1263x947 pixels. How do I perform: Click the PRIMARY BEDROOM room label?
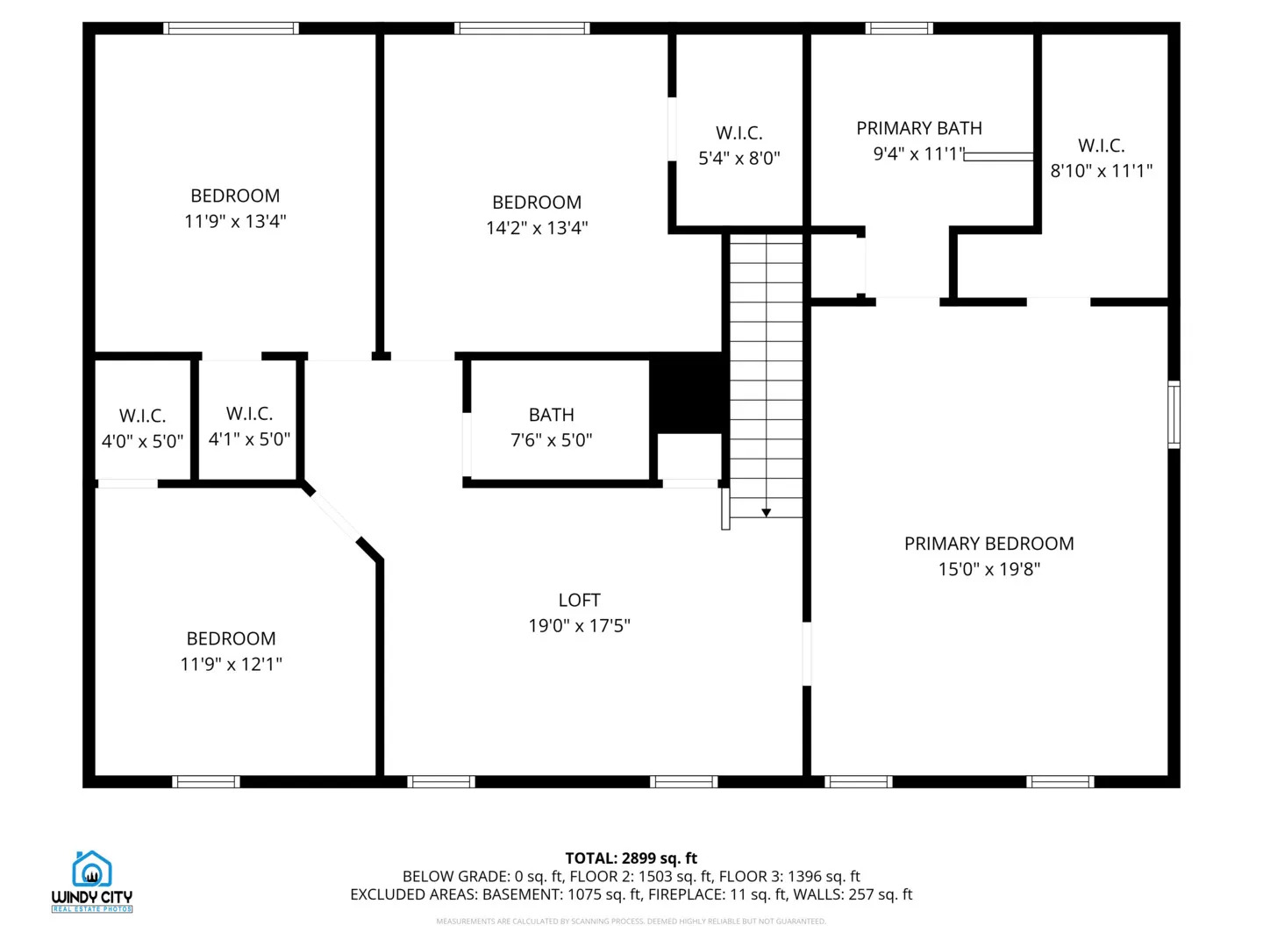click(988, 544)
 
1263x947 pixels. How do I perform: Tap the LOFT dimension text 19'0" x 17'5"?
click(579, 626)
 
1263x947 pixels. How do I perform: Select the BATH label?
click(551, 415)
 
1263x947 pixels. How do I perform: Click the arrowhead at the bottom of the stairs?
click(766, 513)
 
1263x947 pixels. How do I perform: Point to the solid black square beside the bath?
click(689, 392)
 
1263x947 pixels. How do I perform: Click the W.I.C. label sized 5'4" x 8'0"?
click(739, 133)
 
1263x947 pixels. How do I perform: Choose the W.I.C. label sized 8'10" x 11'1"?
click(1101, 146)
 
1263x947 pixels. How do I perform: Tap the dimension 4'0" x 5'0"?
click(142, 442)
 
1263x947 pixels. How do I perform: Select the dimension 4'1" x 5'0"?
click(249, 439)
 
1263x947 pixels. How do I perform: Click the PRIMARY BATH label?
click(918, 128)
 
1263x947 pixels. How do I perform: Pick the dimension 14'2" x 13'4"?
click(537, 228)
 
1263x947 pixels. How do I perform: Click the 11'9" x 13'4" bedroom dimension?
click(235, 222)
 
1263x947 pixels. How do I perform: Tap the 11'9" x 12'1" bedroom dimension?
click(231, 665)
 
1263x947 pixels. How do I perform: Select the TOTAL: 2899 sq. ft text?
click(631, 858)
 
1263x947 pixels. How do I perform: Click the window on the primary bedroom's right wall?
click(1174, 415)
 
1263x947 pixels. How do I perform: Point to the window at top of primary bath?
click(899, 29)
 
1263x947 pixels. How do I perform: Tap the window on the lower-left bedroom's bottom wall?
click(206, 782)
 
